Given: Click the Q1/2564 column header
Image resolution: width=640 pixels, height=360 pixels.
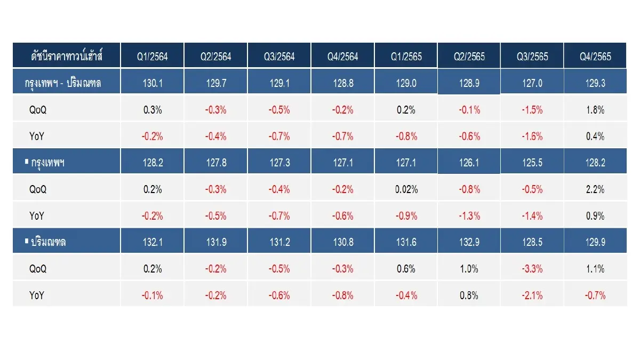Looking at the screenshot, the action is point(153,57).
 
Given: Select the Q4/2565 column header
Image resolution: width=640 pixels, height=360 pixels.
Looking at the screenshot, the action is point(595,57).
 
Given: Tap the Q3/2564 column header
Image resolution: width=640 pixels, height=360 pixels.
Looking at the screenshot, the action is point(279,57).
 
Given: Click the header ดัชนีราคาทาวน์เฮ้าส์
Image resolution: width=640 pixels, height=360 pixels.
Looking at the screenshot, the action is point(67,55).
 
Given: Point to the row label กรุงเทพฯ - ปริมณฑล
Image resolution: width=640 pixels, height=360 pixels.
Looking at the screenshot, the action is point(63,83).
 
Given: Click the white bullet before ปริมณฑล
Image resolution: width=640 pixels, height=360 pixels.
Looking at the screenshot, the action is point(27,241).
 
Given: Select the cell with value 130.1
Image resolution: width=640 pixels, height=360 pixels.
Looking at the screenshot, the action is point(153,83).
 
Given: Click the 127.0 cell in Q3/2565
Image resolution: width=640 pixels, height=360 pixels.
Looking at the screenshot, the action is point(532,83).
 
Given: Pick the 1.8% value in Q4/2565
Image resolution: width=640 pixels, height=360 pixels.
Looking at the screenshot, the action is point(595,110).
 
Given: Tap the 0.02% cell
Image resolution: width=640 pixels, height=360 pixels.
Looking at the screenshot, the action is point(406,189).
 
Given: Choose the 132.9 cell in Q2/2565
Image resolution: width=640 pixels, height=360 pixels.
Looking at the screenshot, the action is point(469,242).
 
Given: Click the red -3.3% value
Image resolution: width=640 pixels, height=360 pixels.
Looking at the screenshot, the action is point(532,269).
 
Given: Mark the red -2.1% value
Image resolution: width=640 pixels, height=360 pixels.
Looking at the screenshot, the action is point(532,295).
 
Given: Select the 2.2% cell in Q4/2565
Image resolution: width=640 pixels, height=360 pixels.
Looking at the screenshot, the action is point(595,189).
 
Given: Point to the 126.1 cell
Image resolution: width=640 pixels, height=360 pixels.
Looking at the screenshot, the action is point(469,163).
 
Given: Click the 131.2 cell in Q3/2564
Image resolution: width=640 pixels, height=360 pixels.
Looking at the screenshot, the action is point(279,242).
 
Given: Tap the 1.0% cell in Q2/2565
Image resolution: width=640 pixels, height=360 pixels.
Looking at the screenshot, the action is point(469,269).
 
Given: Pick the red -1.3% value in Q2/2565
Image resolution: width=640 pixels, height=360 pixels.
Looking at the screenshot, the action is point(469,215).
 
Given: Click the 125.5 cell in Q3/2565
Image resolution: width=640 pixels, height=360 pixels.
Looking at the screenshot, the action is point(532,163).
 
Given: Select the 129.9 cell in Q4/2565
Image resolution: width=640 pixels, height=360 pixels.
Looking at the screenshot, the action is point(595,242).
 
